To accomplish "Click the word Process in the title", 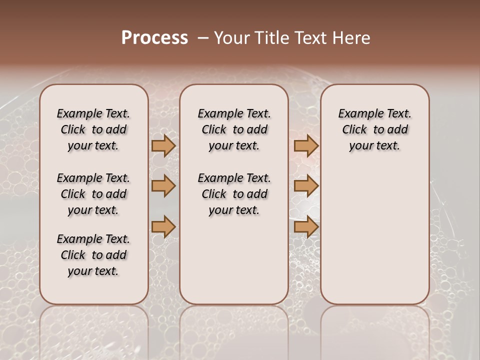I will pyautogui.click(x=154, y=38).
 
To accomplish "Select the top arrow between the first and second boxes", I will pyautogui.click(x=163, y=145).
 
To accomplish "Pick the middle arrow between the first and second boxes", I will pyautogui.click(x=163, y=186).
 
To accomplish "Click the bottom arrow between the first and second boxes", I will pyautogui.click(x=163, y=227).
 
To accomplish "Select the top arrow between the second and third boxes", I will pyautogui.click(x=306, y=145).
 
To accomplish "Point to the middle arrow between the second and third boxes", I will pyautogui.click(x=306, y=186).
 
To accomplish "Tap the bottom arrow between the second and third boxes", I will pyautogui.click(x=306, y=227).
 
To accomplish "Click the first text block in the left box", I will pyautogui.click(x=93, y=129).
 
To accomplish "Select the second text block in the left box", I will pyautogui.click(x=93, y=194).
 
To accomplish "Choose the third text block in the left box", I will pyautogui.click(x=93, y=255).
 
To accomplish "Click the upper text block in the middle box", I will pyautogui.click(x=234, y=129).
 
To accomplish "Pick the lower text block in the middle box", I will pyautogui.click(x=234, y=194).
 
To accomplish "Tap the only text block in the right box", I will pyautogui.click(x=374, y=129).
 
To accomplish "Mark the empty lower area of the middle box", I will pyautogui.click(x=234, y=260).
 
